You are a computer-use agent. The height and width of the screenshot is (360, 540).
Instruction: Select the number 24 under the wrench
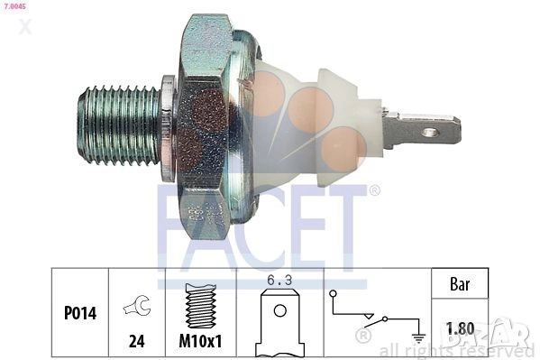point(137,342)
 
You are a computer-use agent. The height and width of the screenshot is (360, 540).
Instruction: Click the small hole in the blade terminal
point(431,133)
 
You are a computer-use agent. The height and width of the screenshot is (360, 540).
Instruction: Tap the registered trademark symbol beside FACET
point(374,190)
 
